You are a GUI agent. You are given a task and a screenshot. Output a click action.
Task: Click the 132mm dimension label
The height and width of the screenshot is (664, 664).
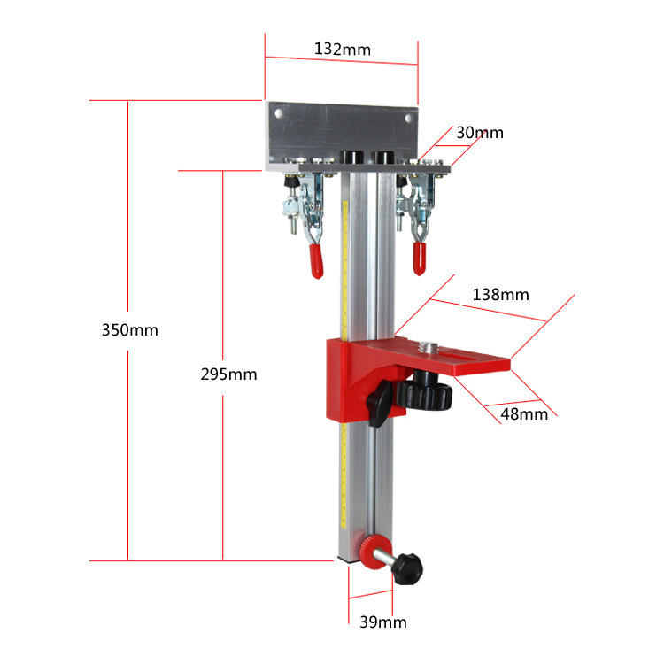[x=342, y=49]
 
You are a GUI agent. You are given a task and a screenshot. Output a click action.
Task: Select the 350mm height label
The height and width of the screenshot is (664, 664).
[x=130, y=330]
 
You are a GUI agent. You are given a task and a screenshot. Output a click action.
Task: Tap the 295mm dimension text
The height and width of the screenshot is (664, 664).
[x=228, y=374]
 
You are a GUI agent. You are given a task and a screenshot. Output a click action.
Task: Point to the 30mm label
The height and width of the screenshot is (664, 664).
[x=480, y=133]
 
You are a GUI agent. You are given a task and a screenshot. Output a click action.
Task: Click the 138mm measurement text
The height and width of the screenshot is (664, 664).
[x=500, y=295]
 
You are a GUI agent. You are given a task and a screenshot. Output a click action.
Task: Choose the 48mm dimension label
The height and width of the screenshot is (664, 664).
[x=524, y=414]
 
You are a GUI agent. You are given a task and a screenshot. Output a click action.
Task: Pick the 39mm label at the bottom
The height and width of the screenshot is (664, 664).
[x=383, y=622]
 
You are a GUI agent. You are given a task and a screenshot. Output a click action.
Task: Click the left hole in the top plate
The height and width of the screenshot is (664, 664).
[x=279, y=113]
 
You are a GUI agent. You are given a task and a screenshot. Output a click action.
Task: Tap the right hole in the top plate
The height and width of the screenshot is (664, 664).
[x=409, y=118]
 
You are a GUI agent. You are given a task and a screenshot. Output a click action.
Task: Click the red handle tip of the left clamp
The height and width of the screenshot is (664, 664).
[x=316, y=261]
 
